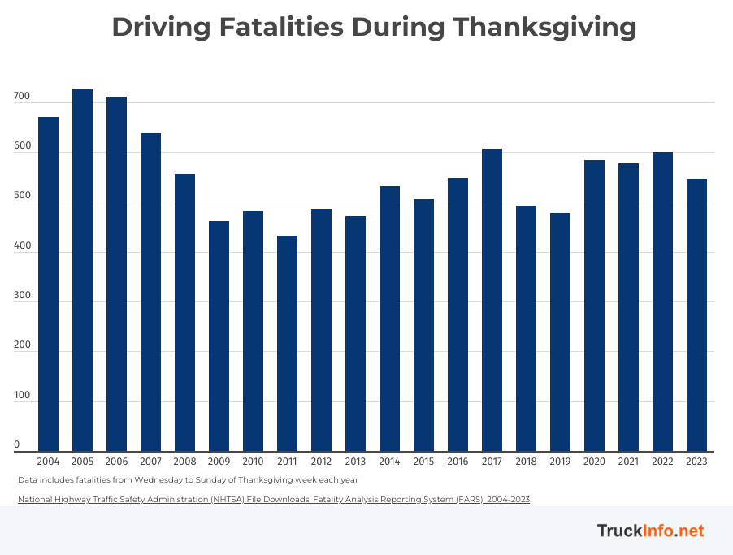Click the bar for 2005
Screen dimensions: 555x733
pos(82,270)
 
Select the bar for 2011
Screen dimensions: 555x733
pos(287,343)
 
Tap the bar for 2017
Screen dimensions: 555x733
pos(492,300)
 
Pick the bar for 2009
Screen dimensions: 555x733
pos(219,336)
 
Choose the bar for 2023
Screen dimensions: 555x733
pos(696,314)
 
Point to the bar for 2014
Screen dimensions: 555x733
pos(389,319)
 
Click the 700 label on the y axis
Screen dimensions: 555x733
pos(22,97)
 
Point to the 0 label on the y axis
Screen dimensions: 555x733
pos(16,445)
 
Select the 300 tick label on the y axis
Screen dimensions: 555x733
pos(22,296)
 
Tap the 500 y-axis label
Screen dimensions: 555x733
pos(22,197)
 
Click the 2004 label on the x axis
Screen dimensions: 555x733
pos(48,462)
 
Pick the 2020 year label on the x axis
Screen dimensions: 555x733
pos(594,462)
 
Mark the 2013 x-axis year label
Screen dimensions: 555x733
pos(355,462)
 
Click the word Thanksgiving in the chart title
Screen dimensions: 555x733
pos(544,27)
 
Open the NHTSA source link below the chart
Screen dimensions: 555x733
pos(273,499)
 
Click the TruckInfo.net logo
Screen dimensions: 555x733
pos(650,531)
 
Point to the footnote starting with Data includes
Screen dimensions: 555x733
pos(188,479)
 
